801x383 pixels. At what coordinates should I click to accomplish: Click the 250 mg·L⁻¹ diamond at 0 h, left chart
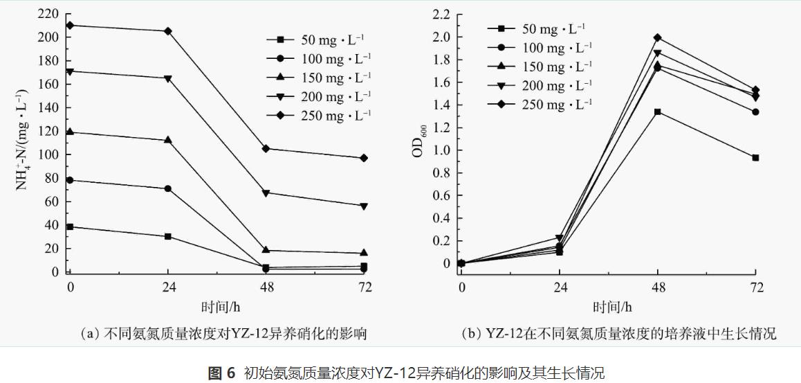coord(70,26)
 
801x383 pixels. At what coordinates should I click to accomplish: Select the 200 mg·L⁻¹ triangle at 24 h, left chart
coord(168,78)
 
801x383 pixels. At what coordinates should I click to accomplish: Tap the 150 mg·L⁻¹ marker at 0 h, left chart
coord(70,132)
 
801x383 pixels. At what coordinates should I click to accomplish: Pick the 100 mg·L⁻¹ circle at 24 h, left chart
coord(168,188)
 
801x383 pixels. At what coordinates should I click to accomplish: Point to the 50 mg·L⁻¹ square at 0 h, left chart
coord(70,226)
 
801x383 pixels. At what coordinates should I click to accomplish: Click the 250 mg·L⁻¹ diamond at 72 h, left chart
coord(365,158)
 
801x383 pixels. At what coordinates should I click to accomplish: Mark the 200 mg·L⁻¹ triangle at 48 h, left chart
coord(266,193)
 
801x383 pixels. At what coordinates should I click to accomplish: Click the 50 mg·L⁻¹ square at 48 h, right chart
coord(657,112)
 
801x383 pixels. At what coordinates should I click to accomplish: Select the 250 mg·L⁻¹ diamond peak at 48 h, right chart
coord(657,37)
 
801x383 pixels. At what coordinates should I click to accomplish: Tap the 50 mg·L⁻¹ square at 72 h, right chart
coord(755,158)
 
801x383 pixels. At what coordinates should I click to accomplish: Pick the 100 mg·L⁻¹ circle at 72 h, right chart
coord(755,112)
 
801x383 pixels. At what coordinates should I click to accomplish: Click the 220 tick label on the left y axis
coord(47,14)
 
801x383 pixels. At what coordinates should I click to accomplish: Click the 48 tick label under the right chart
coord(657,287)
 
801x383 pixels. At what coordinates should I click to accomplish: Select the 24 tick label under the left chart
coord(168,287)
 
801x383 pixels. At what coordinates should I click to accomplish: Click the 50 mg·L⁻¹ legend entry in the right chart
coord(539,28)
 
